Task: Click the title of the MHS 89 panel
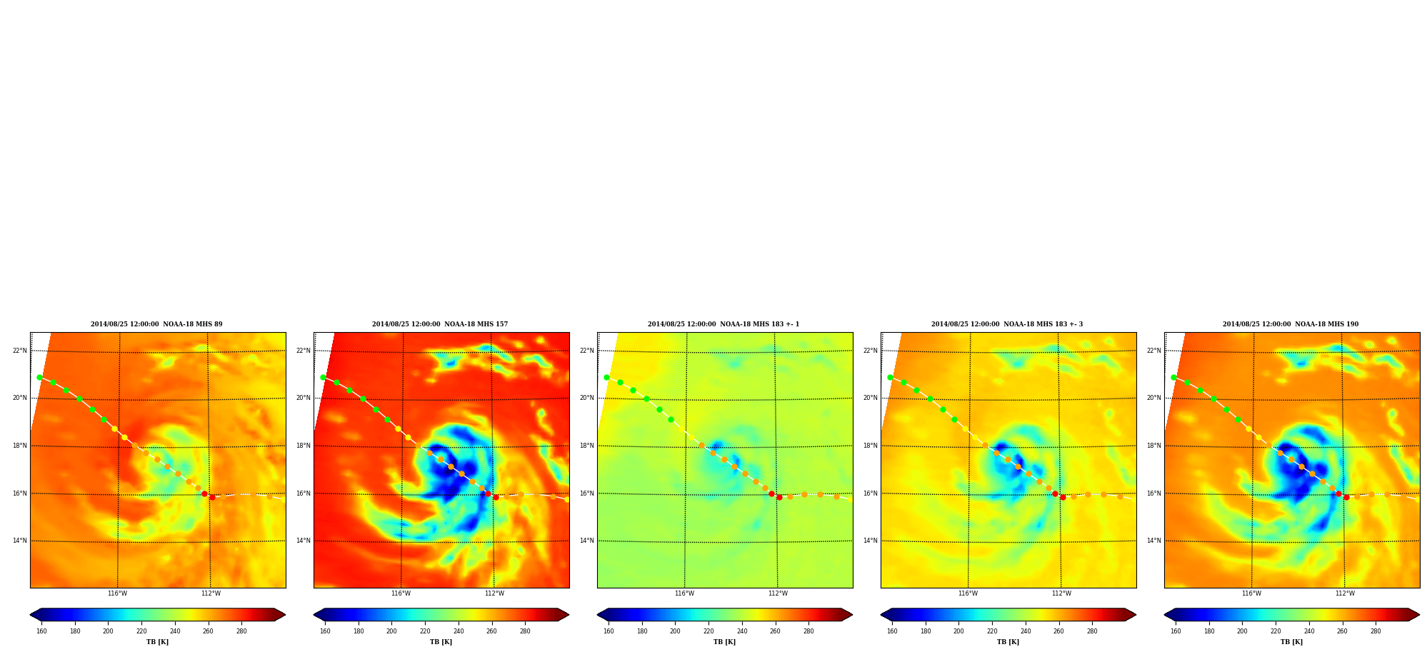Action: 156,324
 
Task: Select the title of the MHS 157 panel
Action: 440,324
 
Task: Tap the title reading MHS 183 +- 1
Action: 723,324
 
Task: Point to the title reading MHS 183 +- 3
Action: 1007,324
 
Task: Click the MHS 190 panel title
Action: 1291,324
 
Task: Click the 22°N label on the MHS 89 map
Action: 20,351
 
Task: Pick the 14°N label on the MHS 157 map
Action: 304,541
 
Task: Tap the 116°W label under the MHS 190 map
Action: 1251,593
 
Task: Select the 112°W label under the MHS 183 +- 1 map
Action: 778,593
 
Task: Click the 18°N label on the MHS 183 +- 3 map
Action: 871,446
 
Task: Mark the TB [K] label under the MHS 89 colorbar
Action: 157,642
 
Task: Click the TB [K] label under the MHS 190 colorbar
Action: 1291,642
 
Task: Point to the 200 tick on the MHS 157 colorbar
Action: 391,631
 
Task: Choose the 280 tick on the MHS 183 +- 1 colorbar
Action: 808,631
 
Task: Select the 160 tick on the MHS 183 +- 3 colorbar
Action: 892,631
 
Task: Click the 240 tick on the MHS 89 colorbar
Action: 175,631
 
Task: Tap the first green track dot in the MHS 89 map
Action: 39,377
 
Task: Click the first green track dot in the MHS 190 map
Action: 1173,377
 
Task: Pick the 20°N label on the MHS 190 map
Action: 1154,398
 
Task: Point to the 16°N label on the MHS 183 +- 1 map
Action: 587,493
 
